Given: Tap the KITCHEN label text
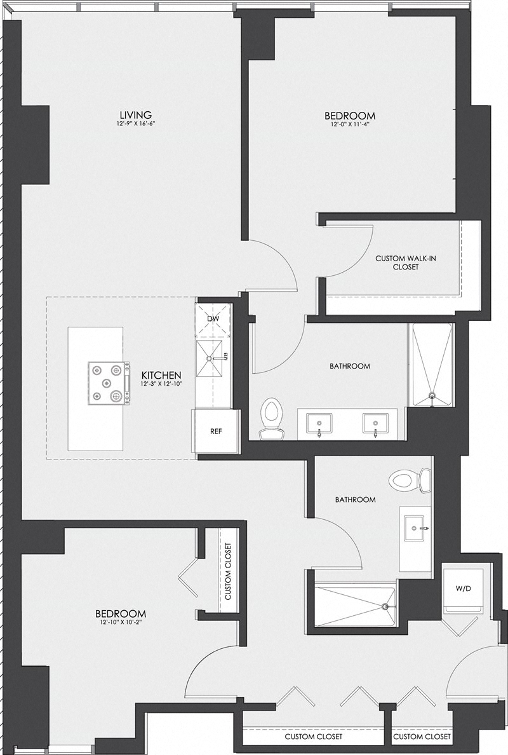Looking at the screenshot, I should tap(162, 375).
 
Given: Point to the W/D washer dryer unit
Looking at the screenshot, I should tap(464, 588).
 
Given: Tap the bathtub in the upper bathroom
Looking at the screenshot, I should tap(432, 367).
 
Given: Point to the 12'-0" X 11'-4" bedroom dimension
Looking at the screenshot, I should tap(350, 125).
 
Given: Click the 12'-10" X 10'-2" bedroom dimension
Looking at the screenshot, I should tap(121, 623).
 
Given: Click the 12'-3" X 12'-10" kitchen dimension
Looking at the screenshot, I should tap(162, 384).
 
